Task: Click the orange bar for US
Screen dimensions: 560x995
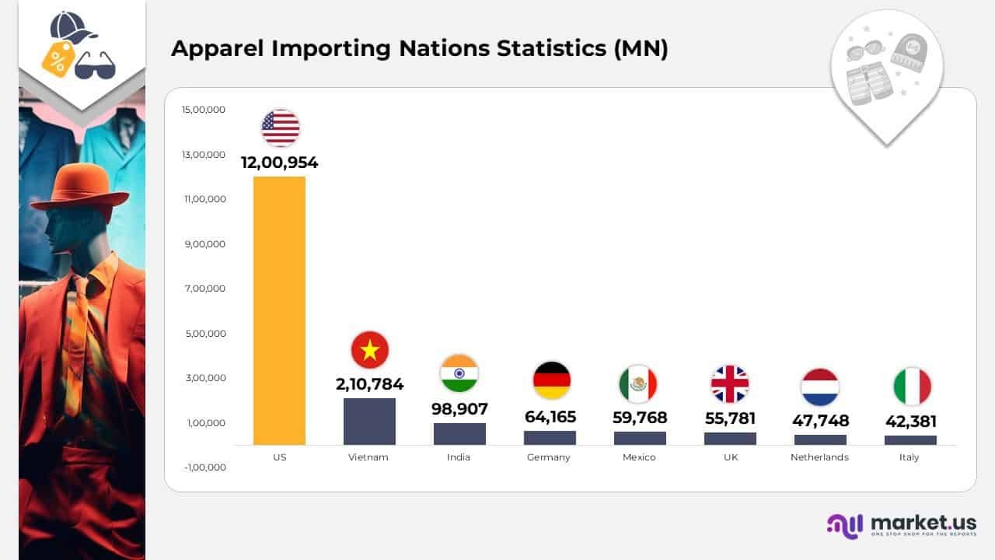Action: pos(279,310)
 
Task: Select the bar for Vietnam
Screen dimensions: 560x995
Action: pos(369,422)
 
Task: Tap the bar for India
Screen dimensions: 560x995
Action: pos(459,434)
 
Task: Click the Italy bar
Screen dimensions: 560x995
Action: pos(910,440)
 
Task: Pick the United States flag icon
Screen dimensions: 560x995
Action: pos(281,128)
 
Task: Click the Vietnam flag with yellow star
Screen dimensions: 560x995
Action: pos(370,350)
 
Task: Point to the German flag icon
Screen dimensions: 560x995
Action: pos(552,380)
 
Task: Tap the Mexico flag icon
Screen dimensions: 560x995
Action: pos(637,384)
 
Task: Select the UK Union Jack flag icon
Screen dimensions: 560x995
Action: pos(729,384)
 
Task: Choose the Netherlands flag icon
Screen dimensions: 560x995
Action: pos(820,387)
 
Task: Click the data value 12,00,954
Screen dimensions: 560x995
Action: pos(279,163)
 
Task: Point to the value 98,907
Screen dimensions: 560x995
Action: pos(459,409)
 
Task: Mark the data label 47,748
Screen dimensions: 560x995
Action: pos(820,421)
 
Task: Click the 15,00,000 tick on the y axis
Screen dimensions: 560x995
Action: pos(204,110)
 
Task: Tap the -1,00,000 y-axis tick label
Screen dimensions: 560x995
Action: pos(204,467)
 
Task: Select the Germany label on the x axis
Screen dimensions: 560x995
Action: pos(549,457)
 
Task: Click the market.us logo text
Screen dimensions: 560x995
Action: pos(923,522)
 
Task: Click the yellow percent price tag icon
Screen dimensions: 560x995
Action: pos(58,58)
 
